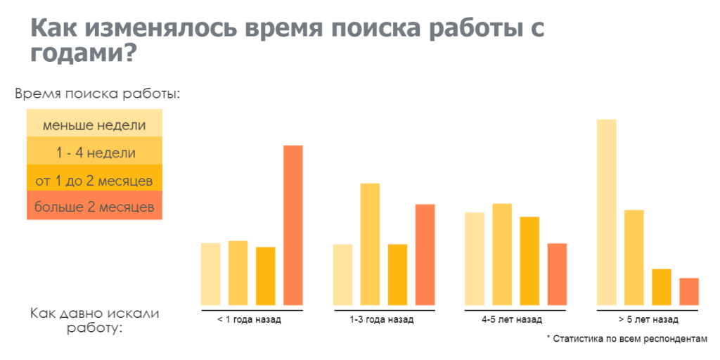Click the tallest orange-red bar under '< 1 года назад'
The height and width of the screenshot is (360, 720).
point(293,225)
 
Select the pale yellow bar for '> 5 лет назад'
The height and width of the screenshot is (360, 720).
point(607,212)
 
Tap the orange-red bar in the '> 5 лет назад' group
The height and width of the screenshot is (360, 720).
point(689,292)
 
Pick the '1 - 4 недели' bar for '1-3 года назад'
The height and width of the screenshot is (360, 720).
point(370,244)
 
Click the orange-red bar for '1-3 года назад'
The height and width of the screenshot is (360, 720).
point(425,255)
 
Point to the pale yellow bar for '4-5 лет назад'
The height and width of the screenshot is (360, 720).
point(475,259)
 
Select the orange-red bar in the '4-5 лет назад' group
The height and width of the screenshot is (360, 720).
point(557,274)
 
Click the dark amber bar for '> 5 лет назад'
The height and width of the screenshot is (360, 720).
point(662,287)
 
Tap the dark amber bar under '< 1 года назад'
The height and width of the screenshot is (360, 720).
point(265,276)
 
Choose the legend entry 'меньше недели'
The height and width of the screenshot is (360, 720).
point(94,123)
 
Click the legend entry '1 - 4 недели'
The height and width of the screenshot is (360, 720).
point(94,150)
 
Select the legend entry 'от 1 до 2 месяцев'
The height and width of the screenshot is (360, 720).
point(94,178)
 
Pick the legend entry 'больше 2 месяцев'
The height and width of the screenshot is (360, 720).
point(94,205)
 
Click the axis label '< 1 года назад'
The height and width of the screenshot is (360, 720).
point(249,320)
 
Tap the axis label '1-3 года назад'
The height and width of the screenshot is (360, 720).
point(381,320)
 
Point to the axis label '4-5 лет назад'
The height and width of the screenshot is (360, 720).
point(512,320)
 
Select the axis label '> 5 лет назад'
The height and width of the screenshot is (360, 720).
point(648,320)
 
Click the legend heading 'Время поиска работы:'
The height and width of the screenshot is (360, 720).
point(97,94)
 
